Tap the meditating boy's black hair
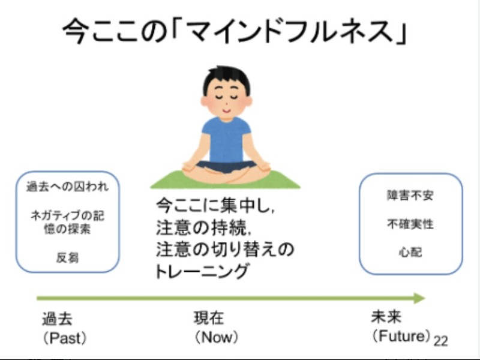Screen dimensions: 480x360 point(226,77)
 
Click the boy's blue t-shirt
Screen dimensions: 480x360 point(226,139)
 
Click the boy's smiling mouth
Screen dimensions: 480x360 point(226,110)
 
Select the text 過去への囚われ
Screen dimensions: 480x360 point(67,187)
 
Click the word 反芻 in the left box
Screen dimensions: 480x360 point(67,257)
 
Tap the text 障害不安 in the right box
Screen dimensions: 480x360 point(410,196)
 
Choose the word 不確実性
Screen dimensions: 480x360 point(410,224)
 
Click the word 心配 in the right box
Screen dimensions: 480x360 point(410,253)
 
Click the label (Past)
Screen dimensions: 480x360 point(64,338)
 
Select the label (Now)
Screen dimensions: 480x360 point(216,337)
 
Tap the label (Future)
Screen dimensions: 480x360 point(401,336)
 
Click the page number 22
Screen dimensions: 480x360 point(440,340)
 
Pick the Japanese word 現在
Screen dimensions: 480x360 point(209,318)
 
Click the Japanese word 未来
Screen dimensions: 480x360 point(386,317)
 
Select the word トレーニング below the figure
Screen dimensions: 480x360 point(202,271)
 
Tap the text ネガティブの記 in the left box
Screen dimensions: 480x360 point(67,216)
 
